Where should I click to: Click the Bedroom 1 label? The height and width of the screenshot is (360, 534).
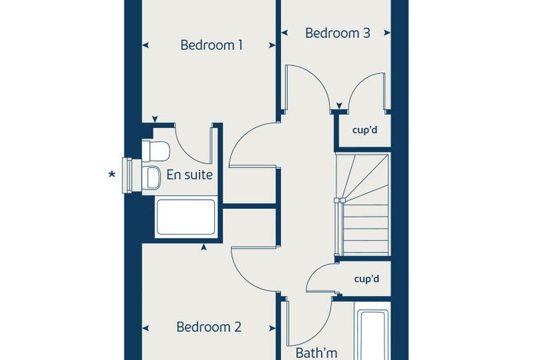211,45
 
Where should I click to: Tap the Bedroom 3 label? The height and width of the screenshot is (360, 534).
337,33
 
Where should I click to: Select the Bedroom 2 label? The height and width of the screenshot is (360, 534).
209,327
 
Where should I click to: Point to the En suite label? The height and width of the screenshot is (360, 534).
189,174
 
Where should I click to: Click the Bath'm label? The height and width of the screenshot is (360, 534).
316,353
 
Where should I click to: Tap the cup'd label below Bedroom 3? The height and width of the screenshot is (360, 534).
365,130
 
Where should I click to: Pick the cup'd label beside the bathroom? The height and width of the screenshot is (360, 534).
367,279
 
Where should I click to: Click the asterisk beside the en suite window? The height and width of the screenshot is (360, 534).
112,175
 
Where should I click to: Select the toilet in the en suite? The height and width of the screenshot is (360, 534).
156,150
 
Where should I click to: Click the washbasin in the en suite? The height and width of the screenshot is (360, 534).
151,178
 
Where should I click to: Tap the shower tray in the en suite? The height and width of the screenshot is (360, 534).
186,217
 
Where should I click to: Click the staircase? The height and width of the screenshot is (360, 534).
363,204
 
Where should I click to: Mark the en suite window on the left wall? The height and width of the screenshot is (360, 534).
127,176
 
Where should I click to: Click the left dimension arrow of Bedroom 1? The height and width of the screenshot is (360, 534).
145,45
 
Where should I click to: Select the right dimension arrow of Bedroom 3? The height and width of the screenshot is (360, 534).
387,33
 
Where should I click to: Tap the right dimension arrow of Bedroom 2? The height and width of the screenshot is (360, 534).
272,328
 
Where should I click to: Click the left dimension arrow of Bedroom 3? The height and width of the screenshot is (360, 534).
285,33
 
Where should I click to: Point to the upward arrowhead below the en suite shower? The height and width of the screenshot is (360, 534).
204,247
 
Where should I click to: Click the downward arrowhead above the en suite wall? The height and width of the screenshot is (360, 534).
155,119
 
